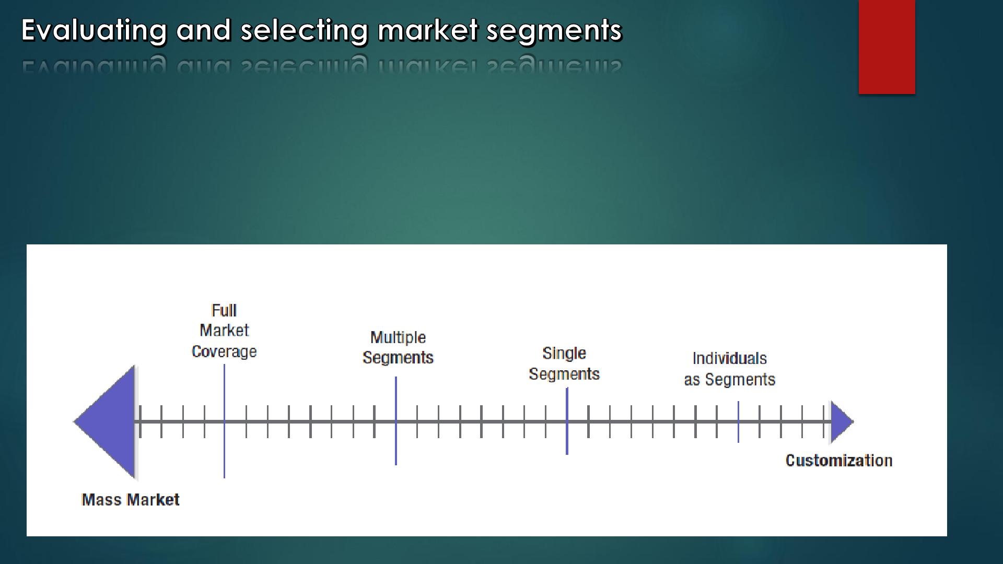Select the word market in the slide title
[428, 30]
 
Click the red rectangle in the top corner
[887, 47]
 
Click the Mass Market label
[131, 500]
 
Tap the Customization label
[839, 460]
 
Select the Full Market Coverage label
[224, 331]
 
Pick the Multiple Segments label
[398, 347]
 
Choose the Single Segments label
[564, 363]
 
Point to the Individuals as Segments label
[730, 369]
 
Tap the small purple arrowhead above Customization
[842, 421]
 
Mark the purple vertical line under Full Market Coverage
[224, 421]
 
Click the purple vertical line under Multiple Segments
[396, 421]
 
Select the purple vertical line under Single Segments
[567, 421]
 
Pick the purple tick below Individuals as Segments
[738, 422]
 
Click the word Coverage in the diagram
[224, 352]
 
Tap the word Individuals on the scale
[730, 358]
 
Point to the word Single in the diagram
[564, 354]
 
